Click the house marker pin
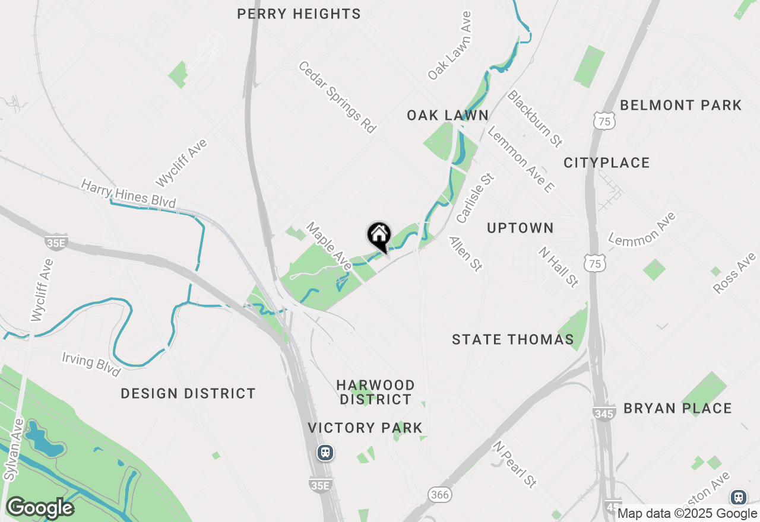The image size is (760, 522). point(379,236)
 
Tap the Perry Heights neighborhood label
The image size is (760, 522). point(299,14)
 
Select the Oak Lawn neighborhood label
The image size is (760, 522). point(448,115)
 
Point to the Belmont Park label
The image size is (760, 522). point(680,106)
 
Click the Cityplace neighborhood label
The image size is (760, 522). point(607,163)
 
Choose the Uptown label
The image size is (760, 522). point(520,228)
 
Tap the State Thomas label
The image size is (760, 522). point(512,339)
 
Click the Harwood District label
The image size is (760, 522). point(375,392)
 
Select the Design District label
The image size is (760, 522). point(188,393)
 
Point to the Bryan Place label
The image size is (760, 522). point(677,408)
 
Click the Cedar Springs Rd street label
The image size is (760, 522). point(338,97)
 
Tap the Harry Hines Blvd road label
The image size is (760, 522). point(129,194)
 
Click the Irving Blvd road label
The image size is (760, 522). point(91,363)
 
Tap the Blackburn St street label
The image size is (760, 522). point(534,119)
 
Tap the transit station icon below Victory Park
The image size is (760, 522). point(325,453)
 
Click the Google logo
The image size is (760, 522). point(40,508)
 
